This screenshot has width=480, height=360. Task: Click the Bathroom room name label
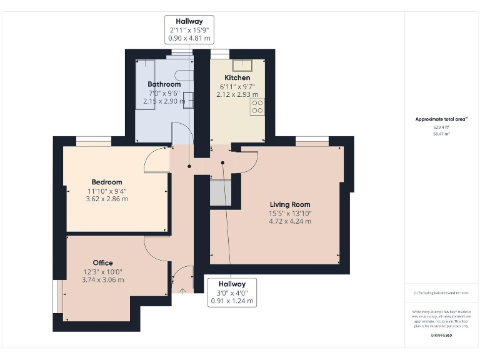point(164,84)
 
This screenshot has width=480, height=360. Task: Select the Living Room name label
point(289,204)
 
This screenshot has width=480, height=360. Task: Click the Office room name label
point(102,263)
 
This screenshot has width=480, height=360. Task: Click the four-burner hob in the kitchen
point(257,106)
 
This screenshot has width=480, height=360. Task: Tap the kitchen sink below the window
point(242,66)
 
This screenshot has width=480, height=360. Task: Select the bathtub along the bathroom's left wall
point(144,84)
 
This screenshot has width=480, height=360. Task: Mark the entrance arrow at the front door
point(182,290)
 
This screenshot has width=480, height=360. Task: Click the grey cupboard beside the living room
point(221,194)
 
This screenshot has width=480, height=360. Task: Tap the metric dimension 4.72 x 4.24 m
point(289,221)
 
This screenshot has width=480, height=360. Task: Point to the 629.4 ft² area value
point(441,127)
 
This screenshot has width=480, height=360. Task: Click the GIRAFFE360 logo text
point(441,336)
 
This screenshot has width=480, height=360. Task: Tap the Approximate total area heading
point(441,119)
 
